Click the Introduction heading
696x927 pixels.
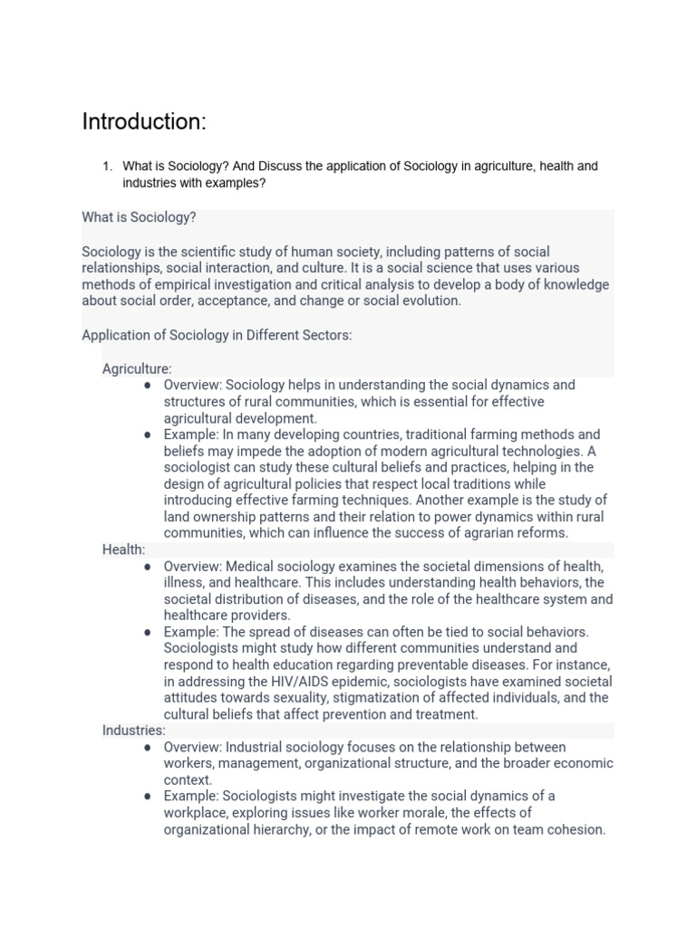144,121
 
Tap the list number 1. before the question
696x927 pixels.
106,167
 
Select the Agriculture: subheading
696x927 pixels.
137,368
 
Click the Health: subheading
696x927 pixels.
123,550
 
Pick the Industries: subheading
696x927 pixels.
134,731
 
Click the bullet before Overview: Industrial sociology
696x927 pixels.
147,747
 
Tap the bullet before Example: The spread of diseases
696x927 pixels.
147,632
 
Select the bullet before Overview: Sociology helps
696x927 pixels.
147,385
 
